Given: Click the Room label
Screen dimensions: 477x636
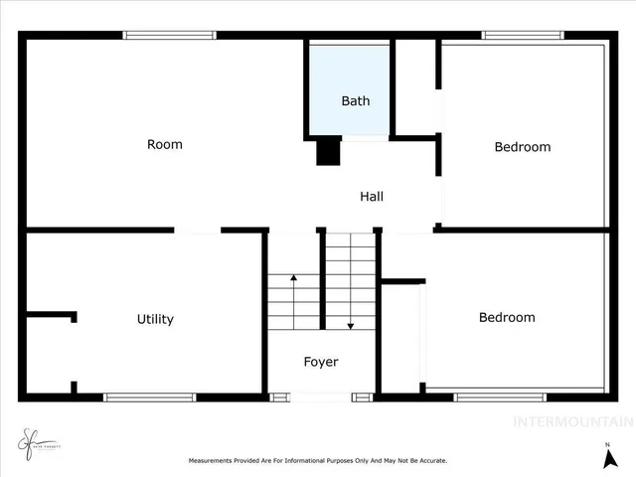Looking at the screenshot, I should click(x=165, y=144).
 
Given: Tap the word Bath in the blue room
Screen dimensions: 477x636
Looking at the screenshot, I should click(x=355, y=100).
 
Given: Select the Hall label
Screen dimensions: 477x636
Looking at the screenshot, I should click(x=371, y=197).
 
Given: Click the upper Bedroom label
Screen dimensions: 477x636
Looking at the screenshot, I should click(x=522, y=147).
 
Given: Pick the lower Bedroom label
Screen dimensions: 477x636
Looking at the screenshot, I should click(x=507, y=318).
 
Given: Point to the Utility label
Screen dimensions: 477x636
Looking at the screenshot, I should click(x=155, y=319).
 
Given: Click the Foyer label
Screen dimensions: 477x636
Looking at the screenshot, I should click(x=320, y=362).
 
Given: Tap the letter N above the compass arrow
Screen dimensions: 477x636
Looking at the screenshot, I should click(x=607, y=443).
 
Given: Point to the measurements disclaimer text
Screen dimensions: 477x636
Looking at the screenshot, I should click(x=318, y=460).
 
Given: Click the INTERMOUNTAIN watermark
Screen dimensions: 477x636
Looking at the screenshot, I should click(x=572, y=421).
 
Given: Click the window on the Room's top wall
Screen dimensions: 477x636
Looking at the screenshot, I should click(x=169, y=36).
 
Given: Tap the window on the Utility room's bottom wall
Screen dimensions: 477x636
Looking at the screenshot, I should click(x=149, y=397).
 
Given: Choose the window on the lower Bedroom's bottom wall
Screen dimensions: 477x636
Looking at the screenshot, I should click(x=500, y=397).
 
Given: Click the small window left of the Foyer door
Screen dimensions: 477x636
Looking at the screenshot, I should click(x=280, y=397).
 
